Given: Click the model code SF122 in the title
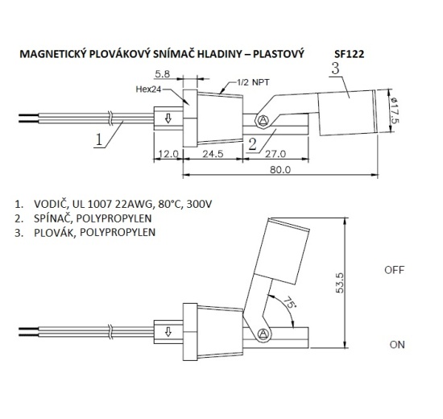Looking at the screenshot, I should coord(349,55).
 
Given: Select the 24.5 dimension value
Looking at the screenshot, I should coord(213,152).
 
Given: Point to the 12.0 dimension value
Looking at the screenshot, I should coord(168,152).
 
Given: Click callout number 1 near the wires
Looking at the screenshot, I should coord(98,139).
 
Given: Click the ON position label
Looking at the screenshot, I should coord(396,344).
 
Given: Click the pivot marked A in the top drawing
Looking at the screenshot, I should coord(263,121).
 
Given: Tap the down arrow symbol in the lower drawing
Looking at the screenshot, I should coord(168,332).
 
